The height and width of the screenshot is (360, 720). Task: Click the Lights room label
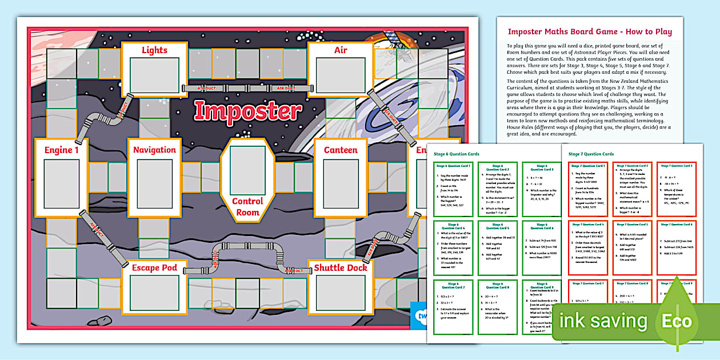[154, 50]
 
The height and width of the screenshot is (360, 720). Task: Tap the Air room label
[341, 50]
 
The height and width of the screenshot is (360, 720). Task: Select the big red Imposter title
[247, 111]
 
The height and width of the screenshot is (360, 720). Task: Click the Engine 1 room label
[61, 150]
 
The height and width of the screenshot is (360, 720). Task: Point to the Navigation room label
[154, 150]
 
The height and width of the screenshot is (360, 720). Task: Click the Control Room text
[247, 206]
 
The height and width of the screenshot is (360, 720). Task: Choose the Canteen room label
[341, 150]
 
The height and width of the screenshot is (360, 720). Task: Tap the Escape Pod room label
[154, 267]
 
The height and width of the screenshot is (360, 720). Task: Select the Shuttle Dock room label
[341, 267]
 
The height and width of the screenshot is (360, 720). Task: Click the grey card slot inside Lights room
[154, 75]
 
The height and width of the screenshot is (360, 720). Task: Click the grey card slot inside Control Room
[247, 170]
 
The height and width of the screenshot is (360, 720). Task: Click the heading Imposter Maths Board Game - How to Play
[590, 31]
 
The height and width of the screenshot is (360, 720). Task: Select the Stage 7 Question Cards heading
[590, 154]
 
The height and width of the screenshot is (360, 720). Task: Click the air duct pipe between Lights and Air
[247, 88]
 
